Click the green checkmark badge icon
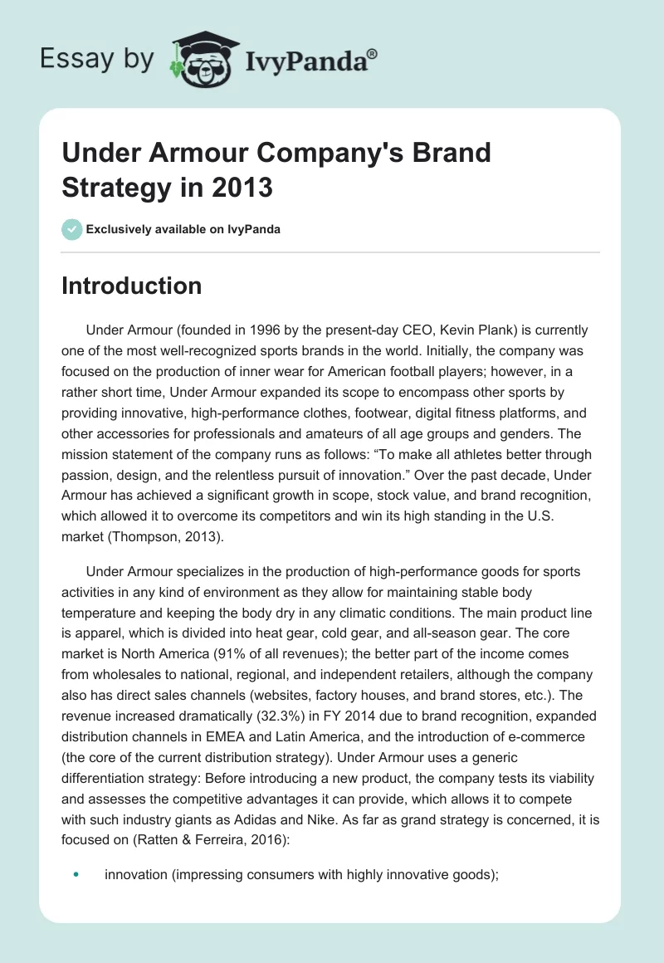tap(72, 229)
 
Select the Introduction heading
tap(132, 286)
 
